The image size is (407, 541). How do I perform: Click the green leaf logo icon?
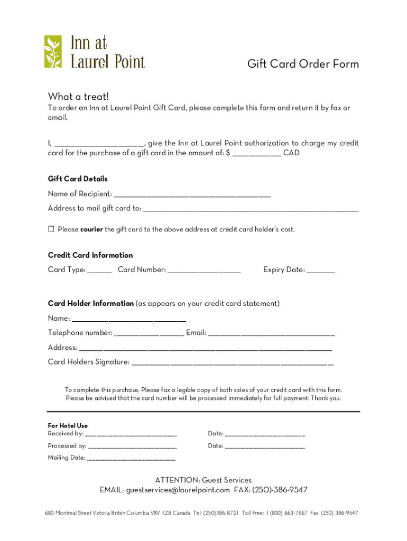pyautogui.click(x=53, y=52)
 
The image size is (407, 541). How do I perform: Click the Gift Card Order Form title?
pyautogui.click(x=303, y=64)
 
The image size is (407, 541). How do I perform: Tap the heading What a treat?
pyautogui.click(x=78, y=96)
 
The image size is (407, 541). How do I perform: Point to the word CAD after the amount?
pyautogui.click(x=291, y=153)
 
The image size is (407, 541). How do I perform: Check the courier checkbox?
pyautogui.click(x=51, y=229)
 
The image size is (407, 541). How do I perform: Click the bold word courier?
pyautogui.click(x=92, y=229)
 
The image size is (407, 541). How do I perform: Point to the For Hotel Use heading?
pyautogui.click(x=68, y=425)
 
